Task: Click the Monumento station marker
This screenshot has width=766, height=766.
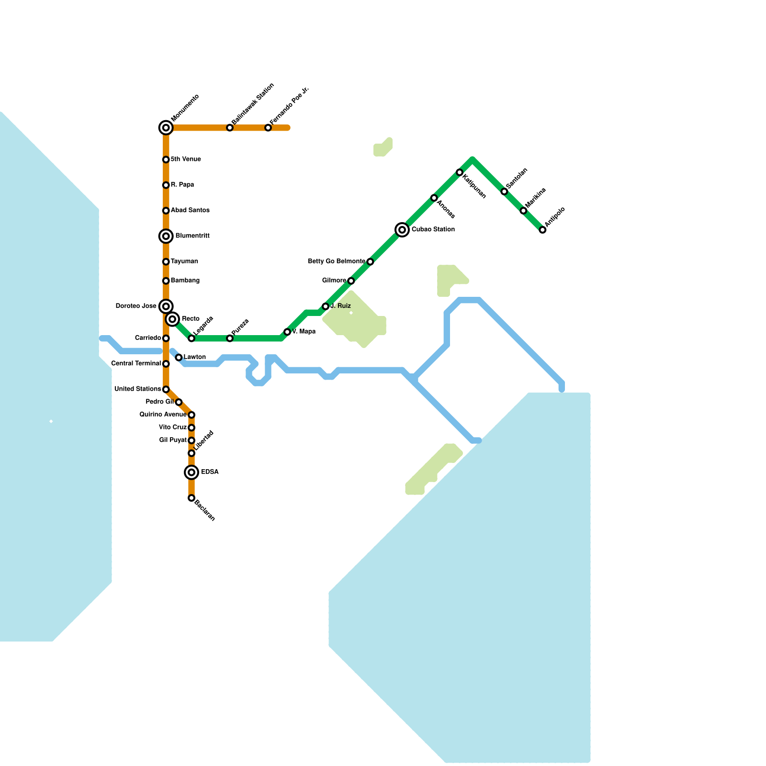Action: coord(166,128)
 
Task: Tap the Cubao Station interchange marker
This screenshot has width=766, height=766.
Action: coord(402,230)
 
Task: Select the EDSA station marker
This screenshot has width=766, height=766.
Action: coord(191,473)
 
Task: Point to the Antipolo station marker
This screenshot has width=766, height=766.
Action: coord(542,230)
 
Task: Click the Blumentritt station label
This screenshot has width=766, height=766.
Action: coord(192,236)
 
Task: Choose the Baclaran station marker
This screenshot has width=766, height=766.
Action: coord(191,498)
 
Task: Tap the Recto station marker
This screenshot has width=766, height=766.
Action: coord(172,319)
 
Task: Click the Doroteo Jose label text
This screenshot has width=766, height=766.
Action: coord(136,306)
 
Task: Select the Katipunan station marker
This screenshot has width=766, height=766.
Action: coord(460,172)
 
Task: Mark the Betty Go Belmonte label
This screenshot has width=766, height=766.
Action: coord(337,261)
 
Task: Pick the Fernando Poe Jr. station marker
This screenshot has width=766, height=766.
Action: coord(268,128)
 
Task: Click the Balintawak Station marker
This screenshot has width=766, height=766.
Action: coord(230,128)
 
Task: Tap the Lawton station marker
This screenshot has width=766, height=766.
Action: coord(179,358)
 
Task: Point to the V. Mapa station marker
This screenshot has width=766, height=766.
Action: coord(287,332)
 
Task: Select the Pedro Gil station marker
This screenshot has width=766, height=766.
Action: coord(179,402)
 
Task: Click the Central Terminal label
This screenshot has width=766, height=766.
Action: coord(136,364)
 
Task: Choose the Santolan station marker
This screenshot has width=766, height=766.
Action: coord(504,191)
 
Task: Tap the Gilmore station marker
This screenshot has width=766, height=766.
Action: coord(351,281)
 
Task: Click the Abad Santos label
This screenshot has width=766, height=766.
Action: coord(190,211)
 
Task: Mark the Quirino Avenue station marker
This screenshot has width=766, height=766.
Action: coord(191,415)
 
